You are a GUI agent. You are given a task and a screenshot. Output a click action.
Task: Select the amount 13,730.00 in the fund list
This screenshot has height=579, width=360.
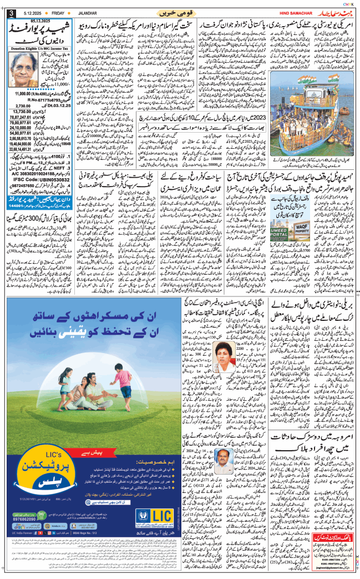22,112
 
